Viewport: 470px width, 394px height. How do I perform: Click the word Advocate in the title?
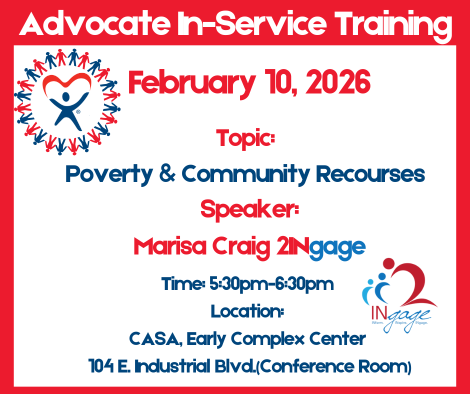(x=94, y=23)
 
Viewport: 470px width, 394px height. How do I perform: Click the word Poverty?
(x=109, y=174)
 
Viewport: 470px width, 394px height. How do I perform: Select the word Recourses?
(x=370, y=173)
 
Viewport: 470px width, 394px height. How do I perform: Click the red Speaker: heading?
(x=249, y=210)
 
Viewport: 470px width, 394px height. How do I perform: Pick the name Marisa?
(x=170, y=246)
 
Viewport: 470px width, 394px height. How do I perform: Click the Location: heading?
(x=247, y=311)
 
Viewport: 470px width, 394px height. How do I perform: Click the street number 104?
(x=101, y=366)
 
